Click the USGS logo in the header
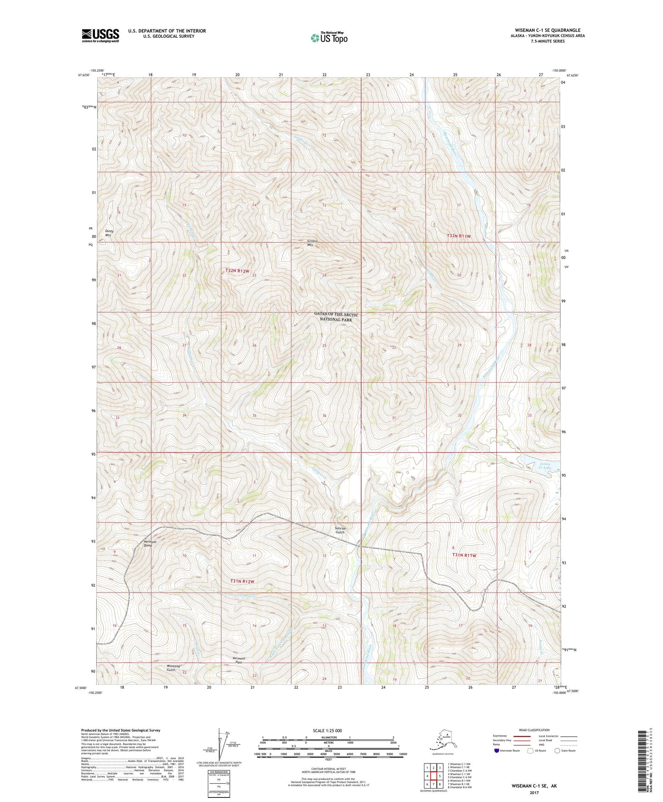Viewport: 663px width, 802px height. pos(100,35)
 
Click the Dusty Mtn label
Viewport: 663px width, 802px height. pos(109,233)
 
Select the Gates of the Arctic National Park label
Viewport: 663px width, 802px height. pos(336,317)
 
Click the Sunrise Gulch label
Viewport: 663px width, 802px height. pos(340,531)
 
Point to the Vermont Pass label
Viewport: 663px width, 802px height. pos(239,661)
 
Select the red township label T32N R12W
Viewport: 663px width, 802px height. pos(237,271)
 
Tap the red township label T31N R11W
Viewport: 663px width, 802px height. pos(464,555)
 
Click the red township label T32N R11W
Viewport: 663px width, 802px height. pos(459,236)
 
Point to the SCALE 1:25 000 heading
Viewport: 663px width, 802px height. pos(328,730)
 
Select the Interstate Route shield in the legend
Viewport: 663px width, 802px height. pos(497,751)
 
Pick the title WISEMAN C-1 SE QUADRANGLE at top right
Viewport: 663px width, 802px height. pos(544,30)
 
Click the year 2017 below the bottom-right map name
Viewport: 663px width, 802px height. pos(534,793)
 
